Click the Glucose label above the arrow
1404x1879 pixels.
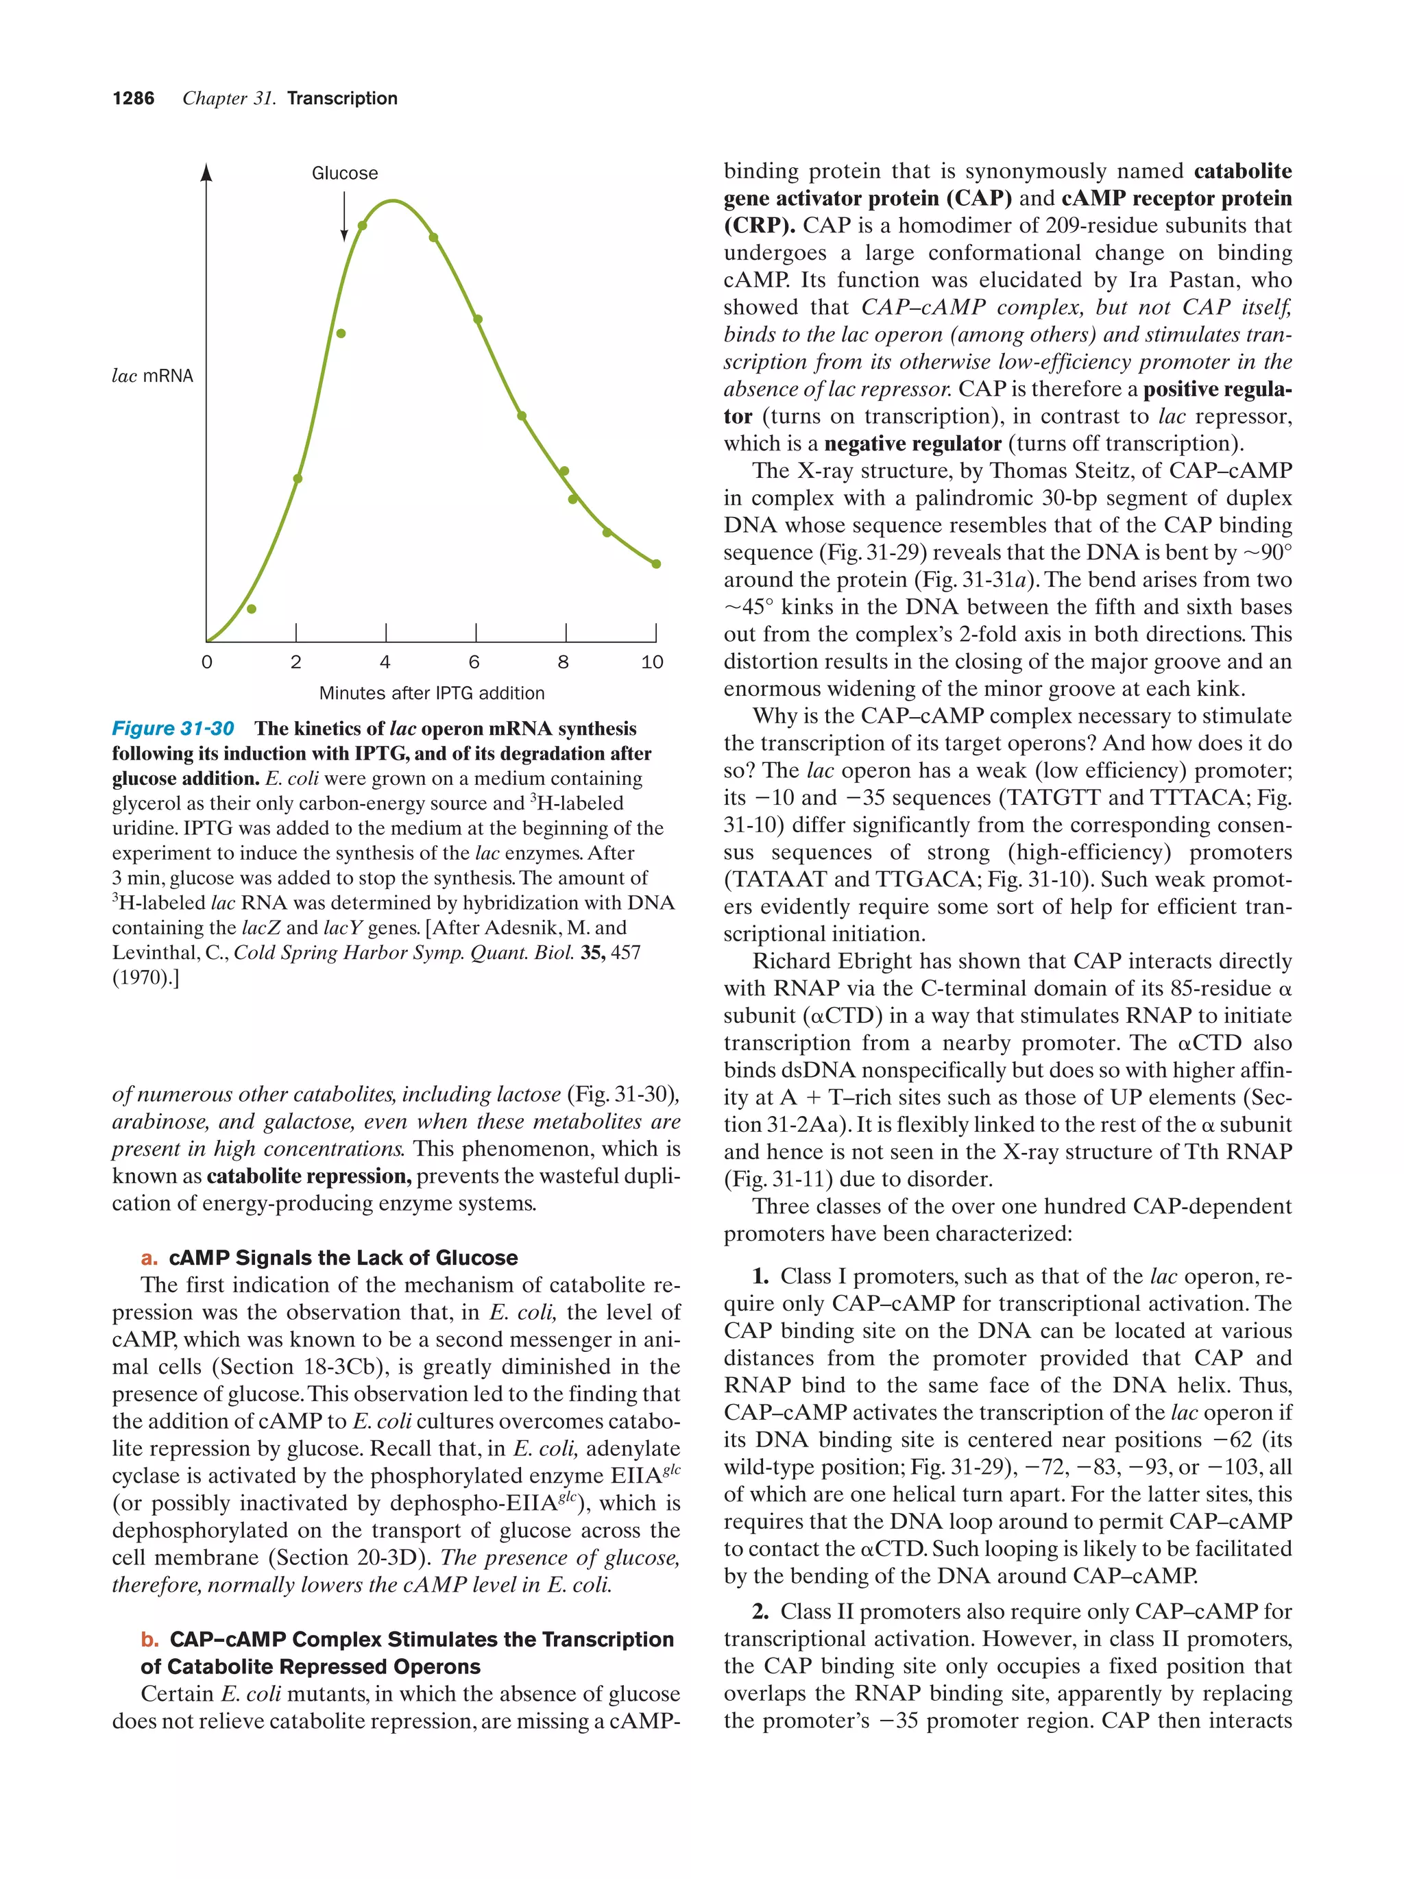click(344, 173)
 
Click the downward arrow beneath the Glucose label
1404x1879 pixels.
click(344, 217)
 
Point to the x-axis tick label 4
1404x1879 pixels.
click(385, 662)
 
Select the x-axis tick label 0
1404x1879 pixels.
click(206, 662)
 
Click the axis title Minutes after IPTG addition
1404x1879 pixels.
click(431, 693)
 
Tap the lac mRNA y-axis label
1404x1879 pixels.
click(153, 376)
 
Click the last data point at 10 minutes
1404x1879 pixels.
click(655, 563)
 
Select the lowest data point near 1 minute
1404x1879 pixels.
click(252, 608)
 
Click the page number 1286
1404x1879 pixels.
click(134, 99)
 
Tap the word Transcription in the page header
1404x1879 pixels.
click(341, 99)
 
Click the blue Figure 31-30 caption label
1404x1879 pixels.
click(173, 729)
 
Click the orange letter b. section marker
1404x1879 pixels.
click(149, 1640)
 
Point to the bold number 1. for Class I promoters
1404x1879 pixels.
click(760, 1276)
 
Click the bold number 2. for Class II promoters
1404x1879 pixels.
click(760, 1612)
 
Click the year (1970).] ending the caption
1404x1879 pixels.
click(145, 978)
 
